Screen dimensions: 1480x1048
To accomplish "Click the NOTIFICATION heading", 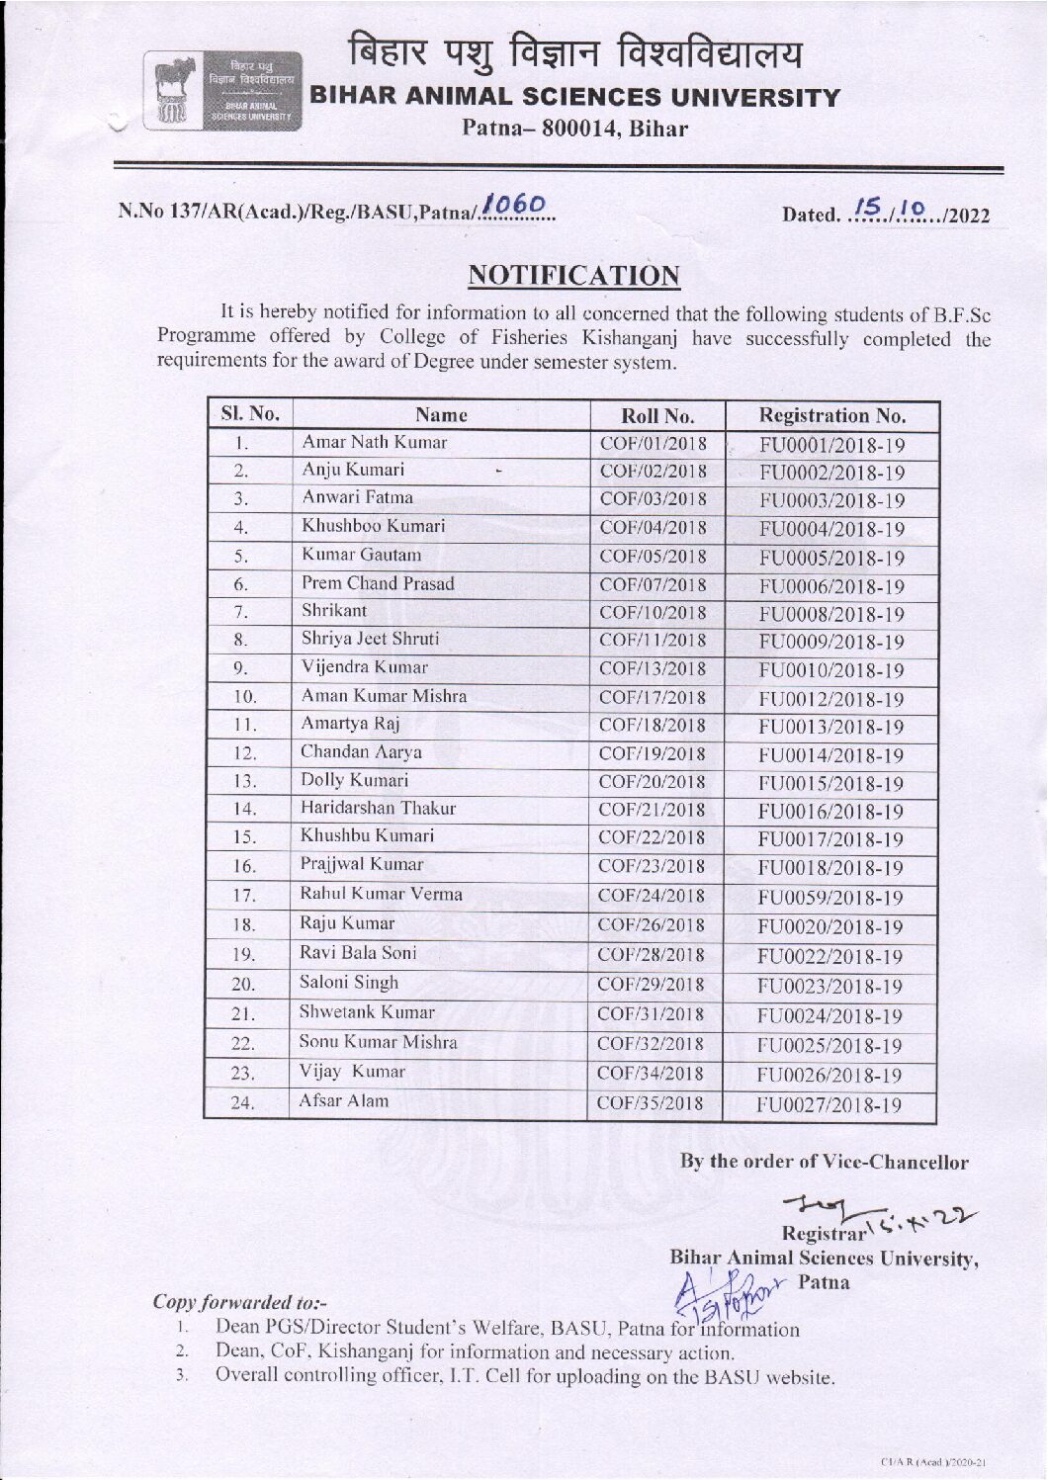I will [573, 275].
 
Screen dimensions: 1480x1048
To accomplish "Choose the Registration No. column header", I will [831, 415].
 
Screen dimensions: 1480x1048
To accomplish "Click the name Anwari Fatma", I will [357, 497].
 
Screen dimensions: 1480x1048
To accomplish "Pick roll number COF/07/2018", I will [653, 584].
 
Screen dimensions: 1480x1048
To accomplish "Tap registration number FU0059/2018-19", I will [830, 898].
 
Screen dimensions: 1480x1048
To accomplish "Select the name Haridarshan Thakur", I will [378, 808].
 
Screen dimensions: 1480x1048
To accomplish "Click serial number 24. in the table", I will [243, 1103].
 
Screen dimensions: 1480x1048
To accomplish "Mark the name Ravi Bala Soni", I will [358, 953].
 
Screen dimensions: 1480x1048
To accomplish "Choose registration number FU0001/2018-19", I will [831, 445].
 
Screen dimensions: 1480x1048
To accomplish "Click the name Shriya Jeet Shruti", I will [370, 639].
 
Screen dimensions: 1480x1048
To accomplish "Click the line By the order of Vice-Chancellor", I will [824, 1163].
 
